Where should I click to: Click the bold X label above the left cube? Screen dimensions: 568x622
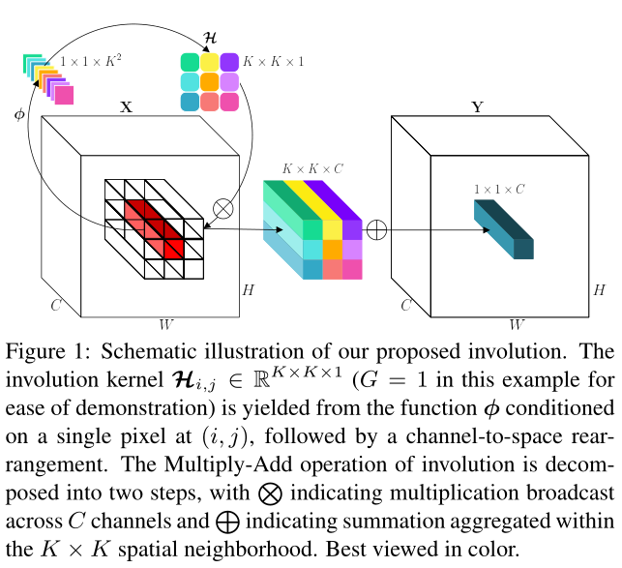click(126, 108)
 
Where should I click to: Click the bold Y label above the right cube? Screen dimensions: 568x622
click(476, 108)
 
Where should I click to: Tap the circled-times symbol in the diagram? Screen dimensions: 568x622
click(223, 207)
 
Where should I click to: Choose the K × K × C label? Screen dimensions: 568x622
click(312, 168)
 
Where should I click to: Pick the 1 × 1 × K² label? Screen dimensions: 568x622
click(91, 61)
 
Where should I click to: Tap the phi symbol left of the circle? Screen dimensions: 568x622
click(19, 114)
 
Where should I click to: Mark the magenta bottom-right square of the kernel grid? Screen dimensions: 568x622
click(229, 102)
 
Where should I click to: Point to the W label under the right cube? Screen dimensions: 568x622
click(518, 323)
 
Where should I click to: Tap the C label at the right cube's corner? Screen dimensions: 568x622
click(406, 306)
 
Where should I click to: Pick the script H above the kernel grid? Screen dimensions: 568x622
click(210, 40)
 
